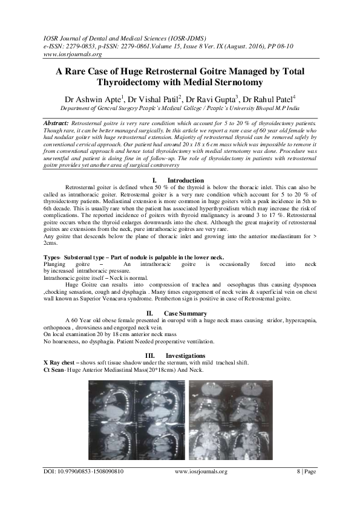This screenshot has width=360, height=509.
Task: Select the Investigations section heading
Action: pos(185,354)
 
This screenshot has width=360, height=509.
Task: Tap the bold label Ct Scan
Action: pos(55,369)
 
